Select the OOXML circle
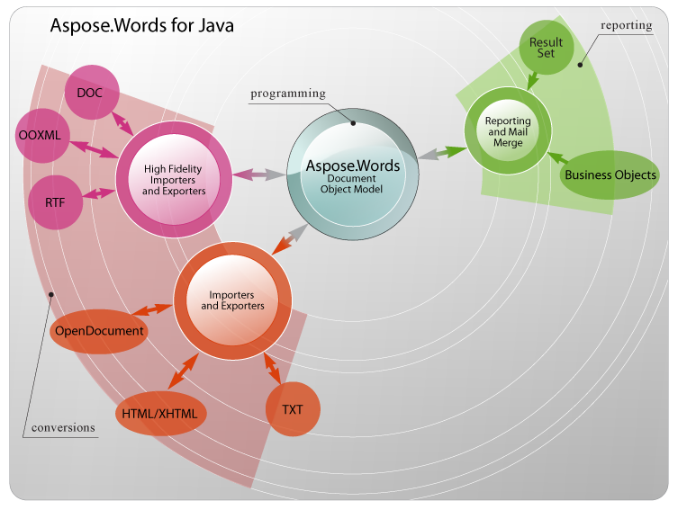coord(41,136)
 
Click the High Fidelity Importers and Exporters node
coord(174,179)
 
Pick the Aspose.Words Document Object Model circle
coord(352,168)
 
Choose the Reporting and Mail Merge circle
coord(508,131)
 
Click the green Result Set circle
coord(546,48)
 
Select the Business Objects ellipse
coord(610,174)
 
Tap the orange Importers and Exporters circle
coord(232,300)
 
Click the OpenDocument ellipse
coord(99,330)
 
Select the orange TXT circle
coord(293,409)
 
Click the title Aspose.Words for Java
coord(142,27)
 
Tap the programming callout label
coord(288,93)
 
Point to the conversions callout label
coord(62,427)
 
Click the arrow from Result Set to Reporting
coord(532,79)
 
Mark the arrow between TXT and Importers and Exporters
coord(272,368)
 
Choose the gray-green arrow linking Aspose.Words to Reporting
coord(441,154)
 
